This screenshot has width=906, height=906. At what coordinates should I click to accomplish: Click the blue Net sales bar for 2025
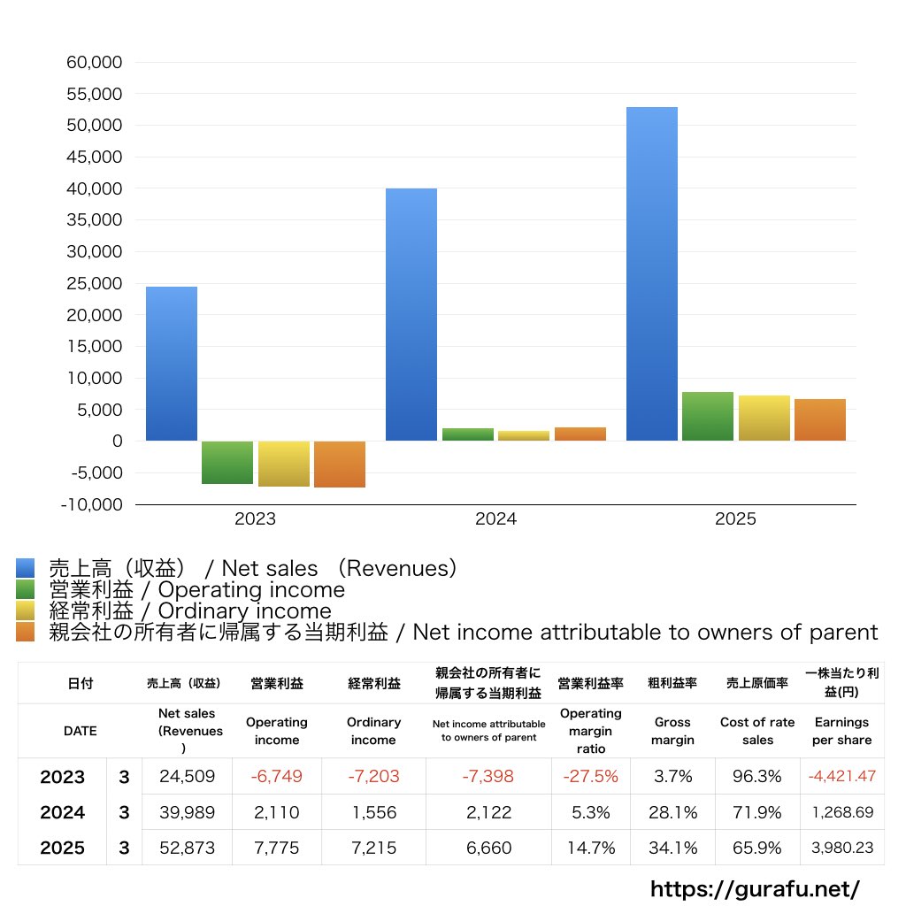[x=652, y=274]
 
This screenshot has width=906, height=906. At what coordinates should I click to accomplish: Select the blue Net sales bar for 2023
[x=172, y=364]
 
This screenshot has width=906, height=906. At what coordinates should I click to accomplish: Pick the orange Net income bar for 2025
[x=820, y=420]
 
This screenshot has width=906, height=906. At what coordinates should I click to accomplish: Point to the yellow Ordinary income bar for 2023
[x=284, y=464]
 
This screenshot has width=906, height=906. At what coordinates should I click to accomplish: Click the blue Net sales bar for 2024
[x=411, y=314]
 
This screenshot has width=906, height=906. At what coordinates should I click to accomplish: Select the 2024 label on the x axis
[x=495, y=519]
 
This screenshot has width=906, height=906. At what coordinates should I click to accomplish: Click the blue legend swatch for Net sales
[x=25, y=568]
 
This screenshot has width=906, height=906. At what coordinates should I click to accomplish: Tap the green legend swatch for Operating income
[x=25, y=589]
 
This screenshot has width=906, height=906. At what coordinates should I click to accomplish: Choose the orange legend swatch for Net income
[x=25, y=632]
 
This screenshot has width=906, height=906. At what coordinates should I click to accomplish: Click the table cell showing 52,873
[x=187, y=848]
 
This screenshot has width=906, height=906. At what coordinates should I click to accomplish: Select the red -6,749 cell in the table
[x=276, y=777]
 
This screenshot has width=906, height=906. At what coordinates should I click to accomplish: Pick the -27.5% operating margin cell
[x=590, y=777]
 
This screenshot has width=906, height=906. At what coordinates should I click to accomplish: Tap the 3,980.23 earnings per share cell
[x=842, y=848]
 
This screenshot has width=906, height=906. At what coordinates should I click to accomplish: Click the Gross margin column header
[x=672, y=731]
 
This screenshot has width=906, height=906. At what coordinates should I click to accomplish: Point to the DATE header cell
[x=80, y=731]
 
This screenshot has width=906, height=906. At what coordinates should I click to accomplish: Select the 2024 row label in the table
[x=62, y=812]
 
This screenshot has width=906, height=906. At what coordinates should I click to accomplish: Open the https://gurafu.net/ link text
[x=755, y=887]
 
